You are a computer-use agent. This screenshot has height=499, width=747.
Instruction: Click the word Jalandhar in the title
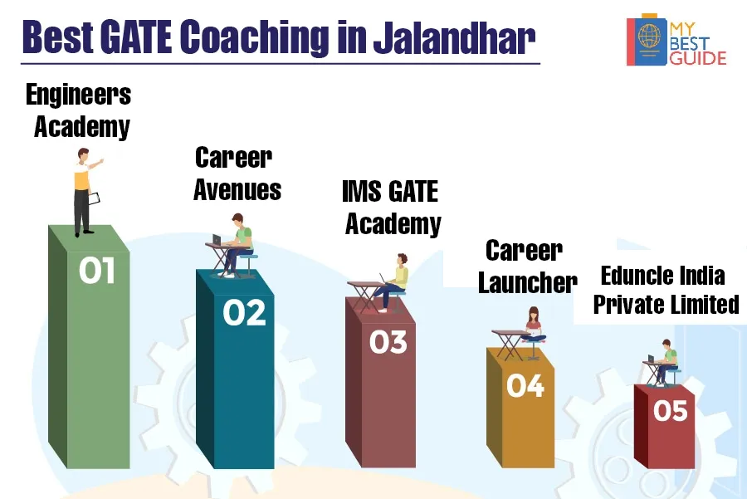454,37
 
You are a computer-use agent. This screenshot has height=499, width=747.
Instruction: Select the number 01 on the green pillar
97,270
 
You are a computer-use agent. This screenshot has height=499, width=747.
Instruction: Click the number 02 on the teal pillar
244,313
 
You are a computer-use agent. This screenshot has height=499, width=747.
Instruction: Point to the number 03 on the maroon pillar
388,342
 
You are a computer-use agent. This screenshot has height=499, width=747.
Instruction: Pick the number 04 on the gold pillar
525,385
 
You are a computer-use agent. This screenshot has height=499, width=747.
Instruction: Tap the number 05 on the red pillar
671,410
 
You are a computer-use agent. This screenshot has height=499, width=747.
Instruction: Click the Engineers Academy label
79,110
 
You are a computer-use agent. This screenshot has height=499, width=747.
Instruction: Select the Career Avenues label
237,174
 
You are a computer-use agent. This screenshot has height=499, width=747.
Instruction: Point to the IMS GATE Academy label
392,208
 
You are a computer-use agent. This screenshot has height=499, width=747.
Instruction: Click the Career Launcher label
527,267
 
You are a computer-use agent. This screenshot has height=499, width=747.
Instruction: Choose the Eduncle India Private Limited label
666,290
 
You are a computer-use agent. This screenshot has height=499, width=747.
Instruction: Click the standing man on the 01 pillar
85,192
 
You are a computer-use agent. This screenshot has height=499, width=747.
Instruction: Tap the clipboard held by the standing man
94,198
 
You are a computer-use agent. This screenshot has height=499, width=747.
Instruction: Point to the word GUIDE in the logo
698,58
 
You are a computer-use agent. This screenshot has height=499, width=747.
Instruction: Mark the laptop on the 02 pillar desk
217,239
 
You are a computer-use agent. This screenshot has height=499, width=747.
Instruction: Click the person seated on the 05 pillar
666,362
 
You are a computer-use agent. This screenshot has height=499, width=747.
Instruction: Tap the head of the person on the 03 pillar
403,260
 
